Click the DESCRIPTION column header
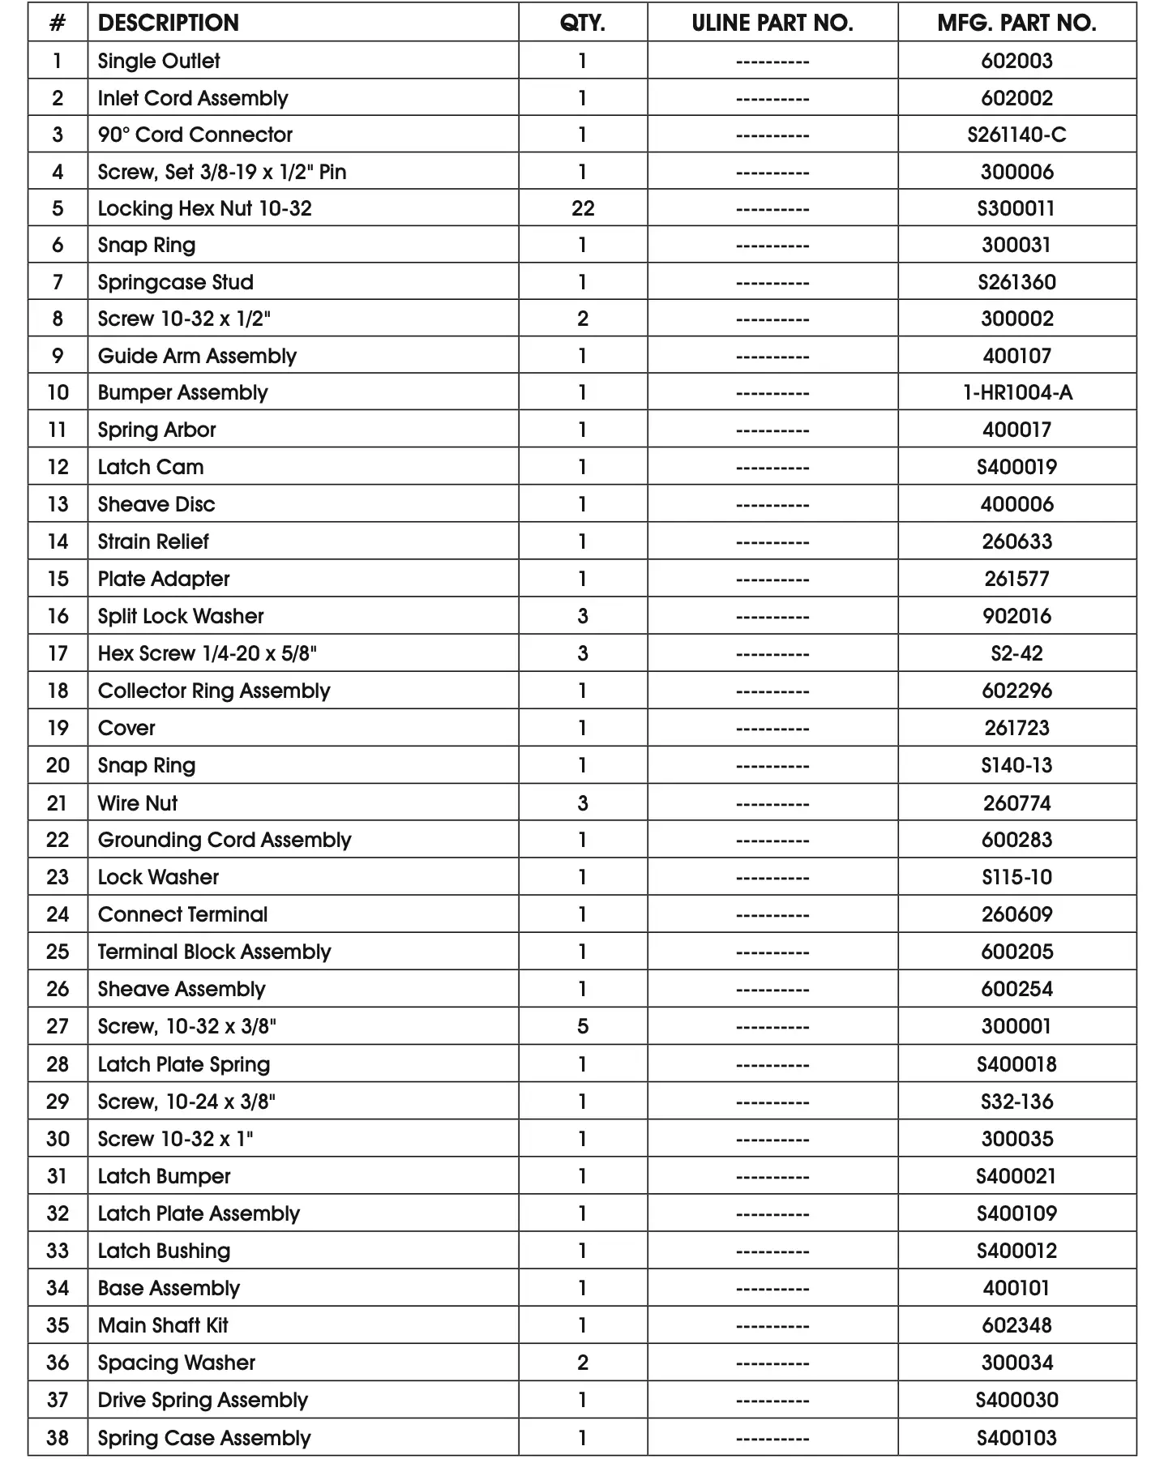click(x=168, y=23)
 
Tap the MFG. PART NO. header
click(x=1016, y=23)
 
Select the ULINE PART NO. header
click(x=772, y=23)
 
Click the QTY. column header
click(x=582, y=23)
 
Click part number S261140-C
click(x=1016, y=135)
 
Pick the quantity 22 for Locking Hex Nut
click(x=582, y=208)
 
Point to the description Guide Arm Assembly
click(x=197, y=356)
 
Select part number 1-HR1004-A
click(x=1016, y=393)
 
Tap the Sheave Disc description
click(x=156, y=504)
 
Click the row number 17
click(x=58, y=653)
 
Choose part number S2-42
click(x=1016, y=653)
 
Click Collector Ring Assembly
click(x=214, y=691)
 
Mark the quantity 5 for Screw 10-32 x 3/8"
click(x=582, y=1026)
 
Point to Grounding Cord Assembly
click(x=225, y=840)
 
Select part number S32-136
click(x=1016, y=1102)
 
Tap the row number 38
click(x=58, y=1438)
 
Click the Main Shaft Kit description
click(x=163, y=1325)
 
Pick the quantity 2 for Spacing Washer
click(x=582, y=1363)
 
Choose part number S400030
click(x=1016, y=1400)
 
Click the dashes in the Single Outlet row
click(x=772, y=62)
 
